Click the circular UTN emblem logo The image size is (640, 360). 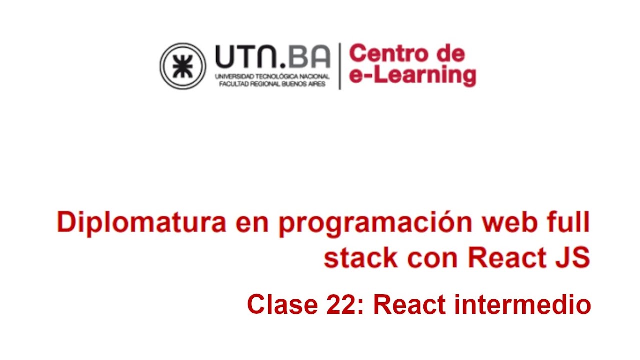183,66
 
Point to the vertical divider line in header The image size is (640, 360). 340,66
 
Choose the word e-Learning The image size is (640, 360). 412,75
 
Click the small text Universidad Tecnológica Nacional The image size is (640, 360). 272,76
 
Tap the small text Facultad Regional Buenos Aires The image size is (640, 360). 272,84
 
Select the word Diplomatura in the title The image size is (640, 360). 141,223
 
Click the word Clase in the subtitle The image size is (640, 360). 282,304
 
